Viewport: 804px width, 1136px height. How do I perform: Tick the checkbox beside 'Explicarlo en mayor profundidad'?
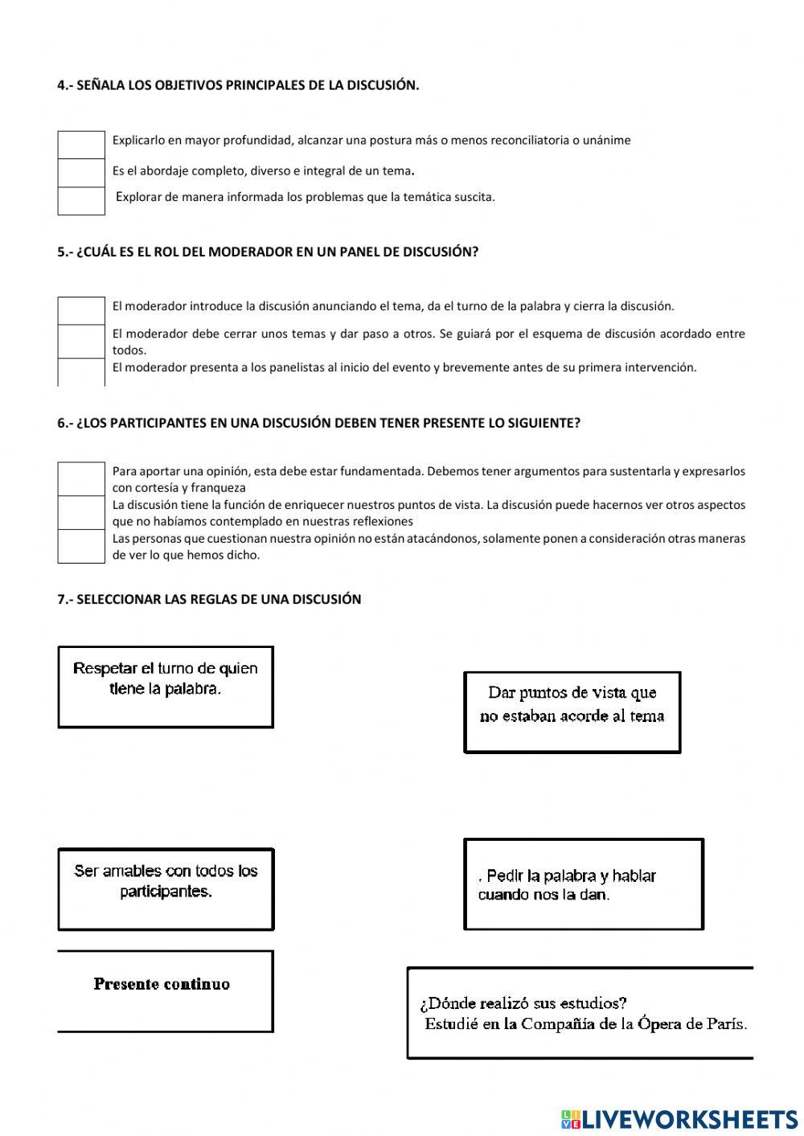[x=81, y=145]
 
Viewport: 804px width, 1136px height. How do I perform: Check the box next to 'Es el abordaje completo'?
[x=81, y=173]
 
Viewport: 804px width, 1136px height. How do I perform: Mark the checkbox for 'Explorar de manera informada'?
[x=81, y=201]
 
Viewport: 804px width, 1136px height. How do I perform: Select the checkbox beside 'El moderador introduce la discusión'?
[x=81, y=310]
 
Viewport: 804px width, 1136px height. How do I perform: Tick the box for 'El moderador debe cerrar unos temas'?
[x=81, y=342]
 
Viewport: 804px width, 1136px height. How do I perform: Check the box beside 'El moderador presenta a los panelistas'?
[x=81, y=372]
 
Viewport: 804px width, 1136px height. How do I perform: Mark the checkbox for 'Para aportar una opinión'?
[x=81, y=479]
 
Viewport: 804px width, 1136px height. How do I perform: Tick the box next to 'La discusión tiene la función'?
[x=81, y=513]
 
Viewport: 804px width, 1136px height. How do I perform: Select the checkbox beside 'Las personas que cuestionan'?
[x=81, y=546]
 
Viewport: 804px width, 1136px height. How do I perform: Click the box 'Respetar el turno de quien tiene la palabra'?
[x=166, y=687]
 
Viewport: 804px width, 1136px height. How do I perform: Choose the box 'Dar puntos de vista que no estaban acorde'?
[x=572, y=712]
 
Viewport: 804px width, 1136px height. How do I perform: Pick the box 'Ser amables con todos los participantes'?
[x=166, y=889]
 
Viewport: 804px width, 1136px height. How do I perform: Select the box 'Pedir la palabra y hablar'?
[x=584, y=884]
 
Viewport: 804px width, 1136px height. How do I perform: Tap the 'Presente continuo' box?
[x=165, y=991]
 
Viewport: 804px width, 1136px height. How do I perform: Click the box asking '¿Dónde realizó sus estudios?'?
[x=580, y=1013]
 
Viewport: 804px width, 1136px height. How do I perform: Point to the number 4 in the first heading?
[x=61, y=85]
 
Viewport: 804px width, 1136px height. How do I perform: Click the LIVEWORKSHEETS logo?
[x=679, y=1118]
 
